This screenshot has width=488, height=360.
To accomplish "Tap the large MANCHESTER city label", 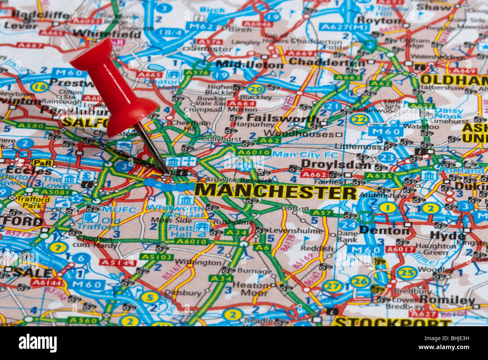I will point(275,191).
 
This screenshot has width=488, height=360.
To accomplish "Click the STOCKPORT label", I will point(392,322).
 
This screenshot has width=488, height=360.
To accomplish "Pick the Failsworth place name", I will point(283,118).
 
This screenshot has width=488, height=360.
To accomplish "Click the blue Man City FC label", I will point(305,154).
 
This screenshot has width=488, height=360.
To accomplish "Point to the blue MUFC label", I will point(119,210).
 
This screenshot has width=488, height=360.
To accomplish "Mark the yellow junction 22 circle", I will point(358,119).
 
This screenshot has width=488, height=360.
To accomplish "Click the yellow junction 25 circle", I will point(407,272).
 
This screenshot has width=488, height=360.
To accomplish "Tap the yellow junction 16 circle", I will point(39,87).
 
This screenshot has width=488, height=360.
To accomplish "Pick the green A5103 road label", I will point(157,257).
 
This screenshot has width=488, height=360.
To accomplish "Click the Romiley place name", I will point(447,300).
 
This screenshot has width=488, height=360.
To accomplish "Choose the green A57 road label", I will point(321,213).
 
